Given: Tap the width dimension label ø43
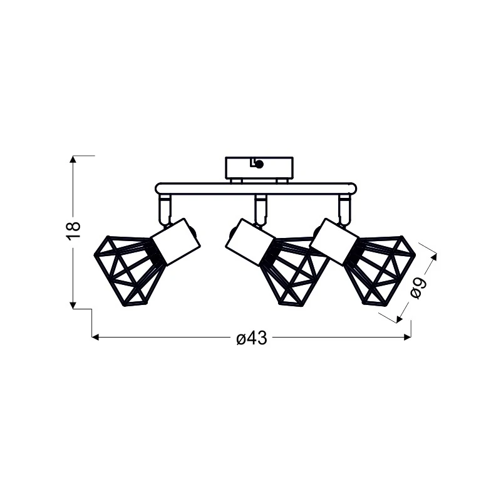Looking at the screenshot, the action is click(252, 338).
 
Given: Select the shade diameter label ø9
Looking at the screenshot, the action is click(418, 288).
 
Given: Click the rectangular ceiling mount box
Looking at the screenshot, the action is click(259, 168).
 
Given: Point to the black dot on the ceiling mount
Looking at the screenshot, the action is click(259, 164).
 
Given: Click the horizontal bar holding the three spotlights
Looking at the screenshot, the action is click(256, 189).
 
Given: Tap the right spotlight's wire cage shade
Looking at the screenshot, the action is click(380, 270).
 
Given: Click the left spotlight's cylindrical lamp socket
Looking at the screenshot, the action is click(176, 242).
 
